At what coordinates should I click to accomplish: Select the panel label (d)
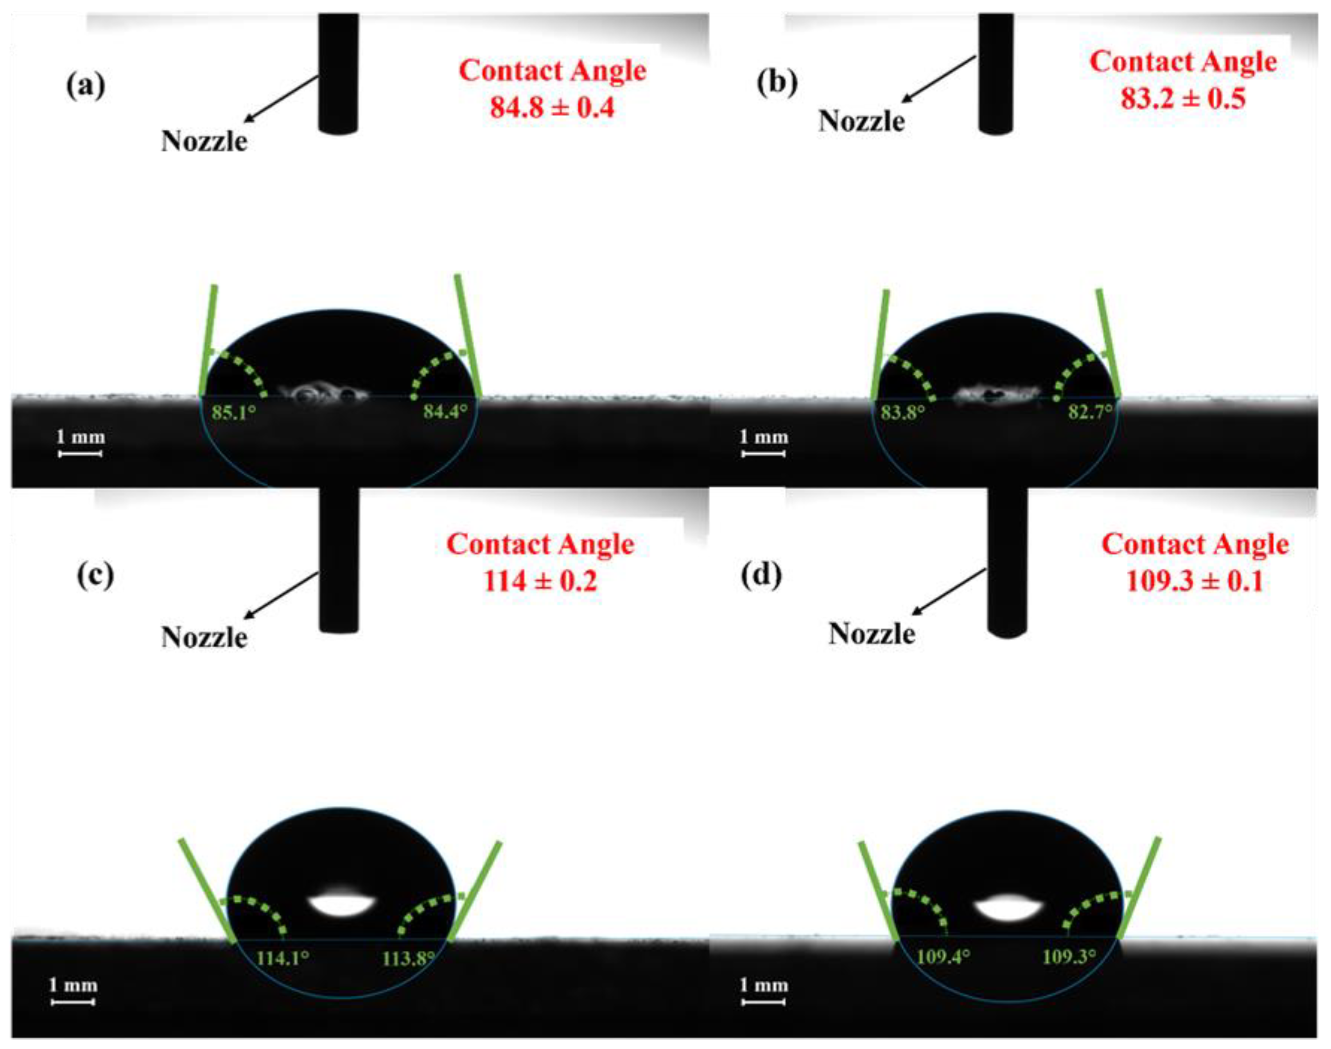point(762,576)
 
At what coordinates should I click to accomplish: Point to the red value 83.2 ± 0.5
point(1183,98)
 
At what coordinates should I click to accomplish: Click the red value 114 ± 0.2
point(540,581)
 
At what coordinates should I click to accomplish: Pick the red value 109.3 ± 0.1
point(1195,581)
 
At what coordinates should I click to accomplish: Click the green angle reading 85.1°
point(233,412)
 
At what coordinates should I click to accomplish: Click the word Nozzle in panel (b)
point(861,121)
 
